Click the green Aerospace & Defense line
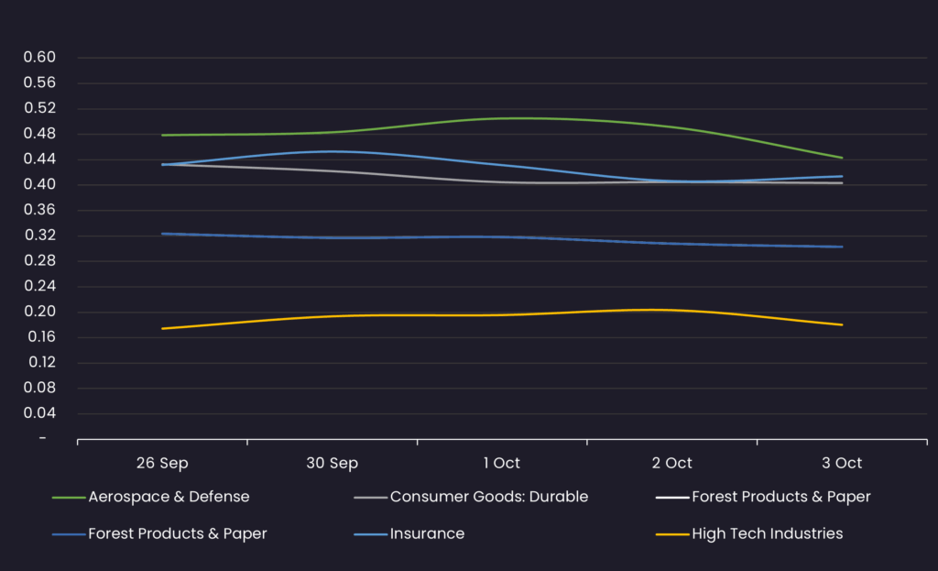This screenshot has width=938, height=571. pyautogui.click(x=502, y=118)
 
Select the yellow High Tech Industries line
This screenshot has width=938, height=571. pyautogui.click(x=502, y=314)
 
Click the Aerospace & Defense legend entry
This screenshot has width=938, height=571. pyautogui.click(x=169, y=497)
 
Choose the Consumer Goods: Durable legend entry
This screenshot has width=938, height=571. pyautogui.click(x=488, y=497)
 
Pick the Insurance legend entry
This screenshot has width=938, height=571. pyautogui.click(x=427, y=533)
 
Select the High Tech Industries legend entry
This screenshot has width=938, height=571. pyautogui.click(x=767, y=533)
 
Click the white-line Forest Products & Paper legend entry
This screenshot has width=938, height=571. pyautogui.click(x=780, y=497)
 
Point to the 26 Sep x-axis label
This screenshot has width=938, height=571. pyautogui.click(x=162, y=463)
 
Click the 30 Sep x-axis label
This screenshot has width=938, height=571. pyautogui.click(x=332, y=463)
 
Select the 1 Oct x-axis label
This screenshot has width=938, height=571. pyautogui.click(x=502, y=463)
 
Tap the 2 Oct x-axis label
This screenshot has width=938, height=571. pyautogui.click(x=671, y=463)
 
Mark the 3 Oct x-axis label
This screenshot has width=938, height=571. pyautogui.click(x=842, y=463)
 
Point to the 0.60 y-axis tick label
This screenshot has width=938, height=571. pyautogui.click(x=40, y=58)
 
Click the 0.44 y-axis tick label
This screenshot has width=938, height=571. pyautogui.click(x=40, y=159)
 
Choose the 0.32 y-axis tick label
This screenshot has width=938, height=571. pyautogui.click(x=40, y=236)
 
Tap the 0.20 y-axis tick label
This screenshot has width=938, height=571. pyautogui.click(x=40, y=312)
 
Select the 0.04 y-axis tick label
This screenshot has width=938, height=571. pyautogui.click(x=40, y=413)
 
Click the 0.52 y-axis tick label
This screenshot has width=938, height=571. pyautogui.click(x=40, y=108)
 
